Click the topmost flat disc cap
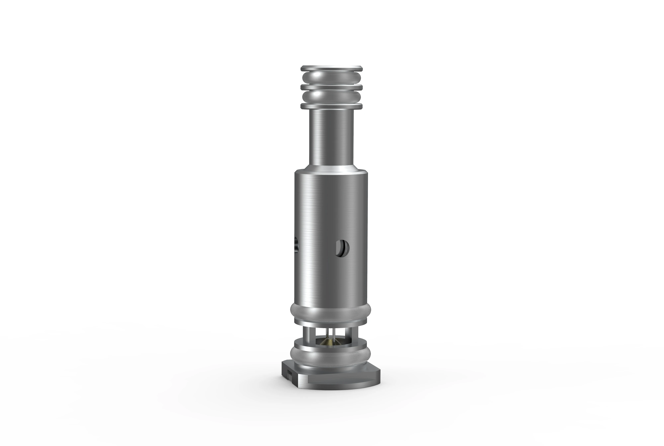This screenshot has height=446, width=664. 332,69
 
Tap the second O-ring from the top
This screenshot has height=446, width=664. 332,97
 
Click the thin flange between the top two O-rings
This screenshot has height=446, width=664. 332,87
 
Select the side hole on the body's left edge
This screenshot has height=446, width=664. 296,244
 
